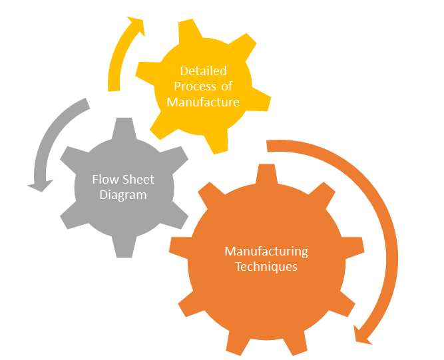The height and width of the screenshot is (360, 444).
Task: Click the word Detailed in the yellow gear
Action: (x=203, y=71)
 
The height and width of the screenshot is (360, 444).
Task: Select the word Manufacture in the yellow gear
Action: (x=203, y=102)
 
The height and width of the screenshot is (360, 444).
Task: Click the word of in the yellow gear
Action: (x=227, y=87)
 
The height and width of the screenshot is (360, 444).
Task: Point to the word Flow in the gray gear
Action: (x=105, y=180)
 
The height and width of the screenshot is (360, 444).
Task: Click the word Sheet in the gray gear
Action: (x=138, y=180)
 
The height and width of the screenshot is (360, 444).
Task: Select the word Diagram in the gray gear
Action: (x=123, y=195)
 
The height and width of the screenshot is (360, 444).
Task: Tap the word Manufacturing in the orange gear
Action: (x=266, y=252)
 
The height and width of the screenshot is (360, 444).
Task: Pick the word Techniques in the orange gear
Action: (x=266, y=267)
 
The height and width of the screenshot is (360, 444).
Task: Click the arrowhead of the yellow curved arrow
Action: (x=137, y=25)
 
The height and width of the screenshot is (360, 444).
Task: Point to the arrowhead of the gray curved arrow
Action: (x=41, y=186)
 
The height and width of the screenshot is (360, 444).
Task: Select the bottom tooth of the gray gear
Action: (x=124, y=247)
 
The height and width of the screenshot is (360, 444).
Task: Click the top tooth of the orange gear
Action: (x=266, y=174)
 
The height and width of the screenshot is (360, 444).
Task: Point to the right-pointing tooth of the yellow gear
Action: (x=259, y=99)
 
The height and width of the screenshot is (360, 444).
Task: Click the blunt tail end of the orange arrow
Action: (x=267, y=146)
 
